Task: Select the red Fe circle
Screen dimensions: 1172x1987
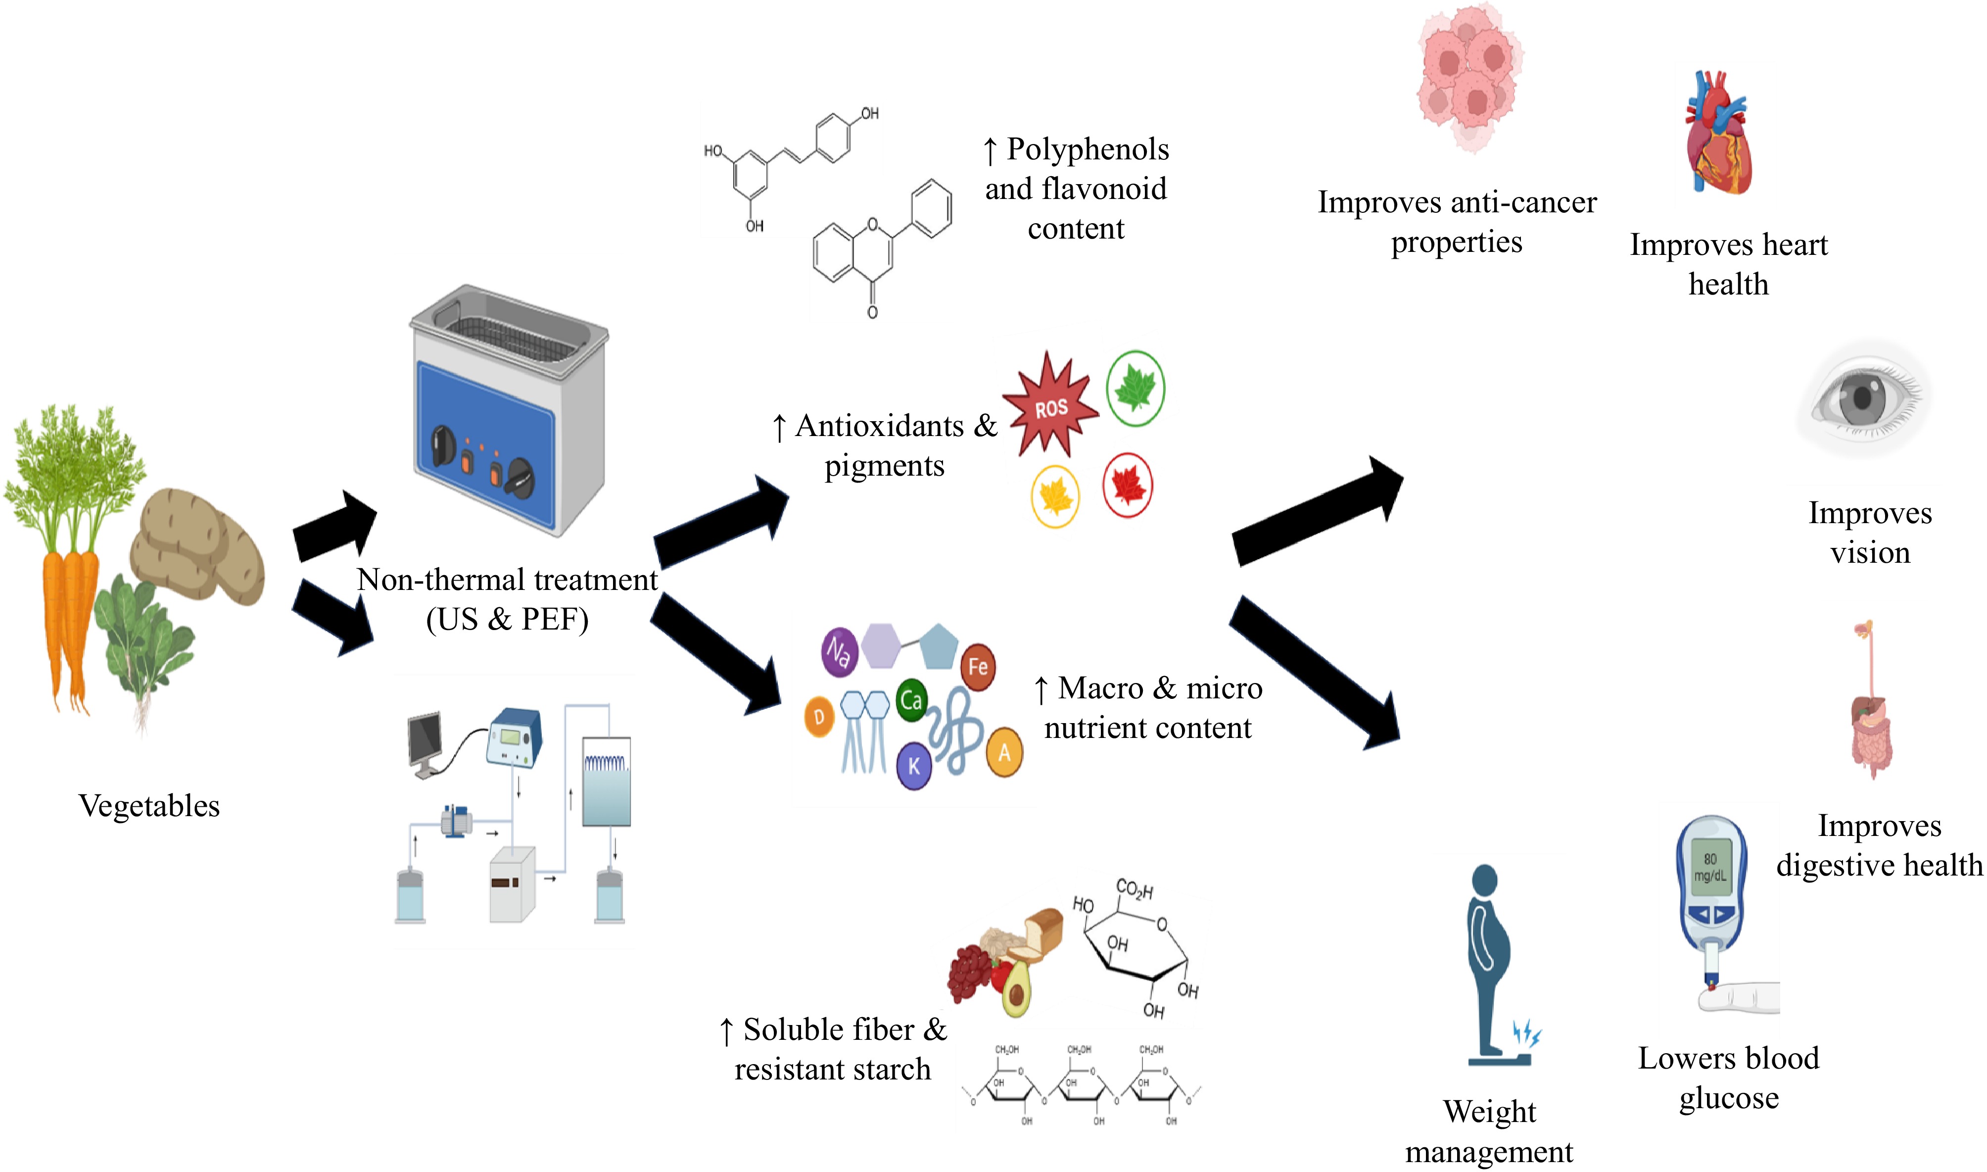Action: (978, 667)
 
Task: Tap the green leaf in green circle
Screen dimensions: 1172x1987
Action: (1135, 388)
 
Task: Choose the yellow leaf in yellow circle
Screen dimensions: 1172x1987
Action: (1055, 496)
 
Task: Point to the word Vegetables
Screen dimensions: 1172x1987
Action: (149, 806)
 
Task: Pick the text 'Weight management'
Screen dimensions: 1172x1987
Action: (1489, 1131)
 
